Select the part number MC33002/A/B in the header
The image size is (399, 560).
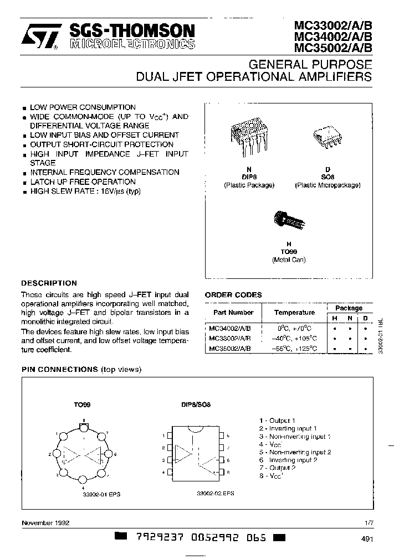point(334,25)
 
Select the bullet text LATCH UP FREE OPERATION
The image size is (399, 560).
point(83,182)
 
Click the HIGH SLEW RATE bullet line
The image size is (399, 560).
point(86,191)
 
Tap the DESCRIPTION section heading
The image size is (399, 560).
point(49,283)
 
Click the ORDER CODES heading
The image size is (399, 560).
point(233,295)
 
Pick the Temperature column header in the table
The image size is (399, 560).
point(294,313)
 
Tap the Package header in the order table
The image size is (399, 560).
point(349,308)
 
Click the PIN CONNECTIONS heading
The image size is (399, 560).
point(60,369)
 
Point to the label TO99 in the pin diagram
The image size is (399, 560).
point(81,405)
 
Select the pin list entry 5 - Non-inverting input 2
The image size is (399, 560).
point(295,452)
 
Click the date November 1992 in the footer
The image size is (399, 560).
point(45,522)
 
